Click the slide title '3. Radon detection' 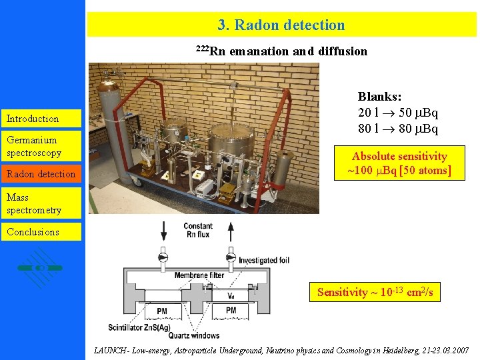pyautogui.click(x=281, y=25)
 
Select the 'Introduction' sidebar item pyautogui.click(x=33, y=119)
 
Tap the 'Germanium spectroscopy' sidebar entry pyautogui.click(x=34, y=146)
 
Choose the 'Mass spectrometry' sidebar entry pyautogui.click(x=34, y=204)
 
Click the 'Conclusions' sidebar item pyautogui.click(x=33, y=232)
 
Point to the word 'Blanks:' pyautogui.click(x=379, y=97)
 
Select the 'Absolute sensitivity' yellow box pyautogui.click(x=399, y=163)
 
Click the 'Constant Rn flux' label pyautogui.click(x=198, y=230)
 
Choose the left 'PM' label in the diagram pyautogui.click(x=162, y=310)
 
